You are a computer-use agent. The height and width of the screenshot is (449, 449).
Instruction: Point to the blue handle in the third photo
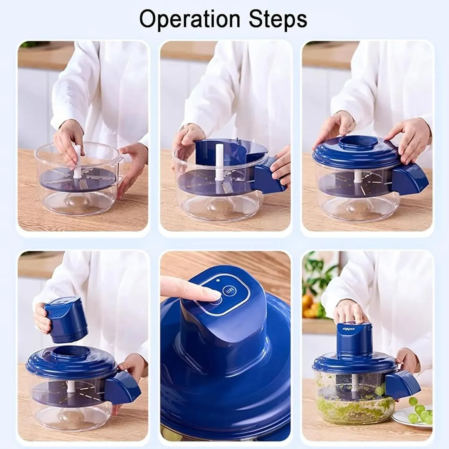point(410,180)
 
